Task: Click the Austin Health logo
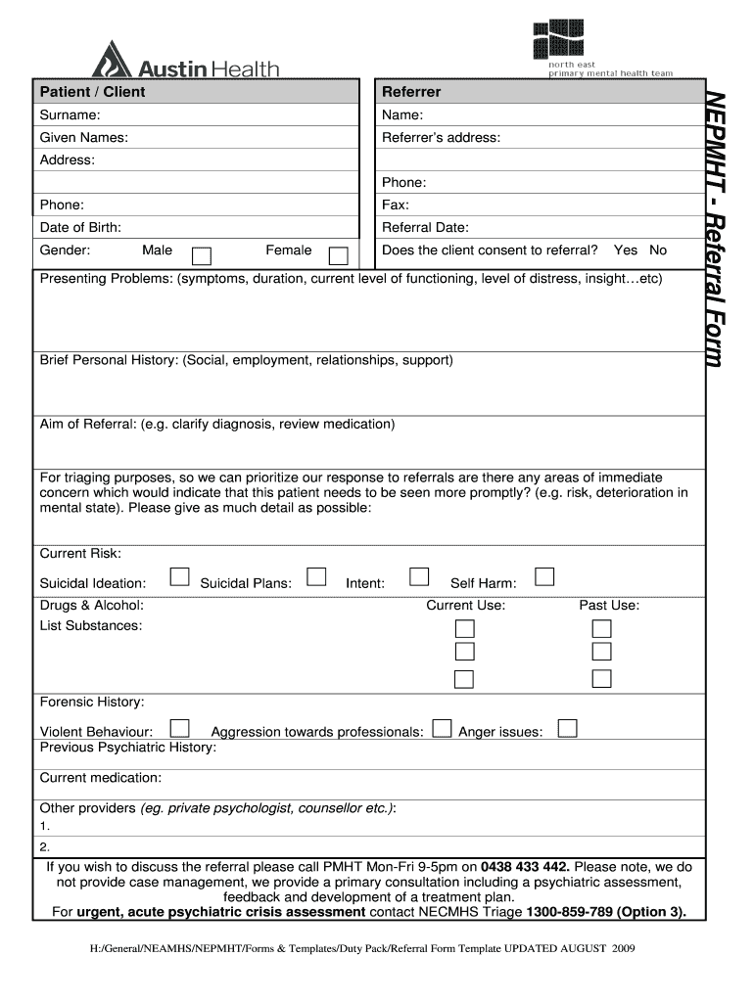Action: point(185,61)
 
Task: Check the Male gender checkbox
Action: point(201,256)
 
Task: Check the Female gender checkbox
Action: point(338,256)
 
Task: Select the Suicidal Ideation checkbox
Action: point(179,576)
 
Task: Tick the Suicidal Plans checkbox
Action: point(315,576)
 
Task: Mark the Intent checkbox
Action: point(419,576)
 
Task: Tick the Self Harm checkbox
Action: point(544,576)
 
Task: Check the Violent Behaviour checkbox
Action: point(179,728)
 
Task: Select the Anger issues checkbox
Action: point(567,728)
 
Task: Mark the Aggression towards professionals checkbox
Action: point(442,728)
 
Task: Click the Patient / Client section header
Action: point(92,92)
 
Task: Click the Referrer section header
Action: point(411,92)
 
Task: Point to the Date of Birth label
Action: point(80,228)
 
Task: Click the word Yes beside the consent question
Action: point(625,250)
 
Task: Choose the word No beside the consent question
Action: point(658,250)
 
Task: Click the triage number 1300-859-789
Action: point(571,912)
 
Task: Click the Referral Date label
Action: point(425,228)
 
